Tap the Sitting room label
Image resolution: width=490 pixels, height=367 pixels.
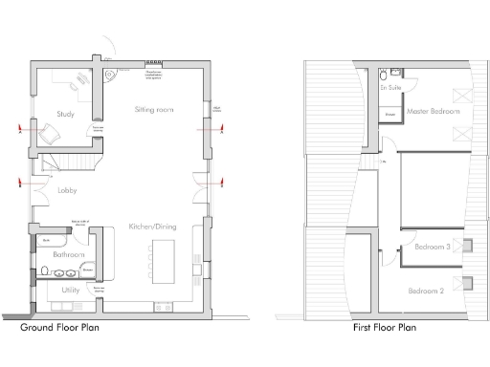153,111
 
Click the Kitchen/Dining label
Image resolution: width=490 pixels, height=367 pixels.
155,227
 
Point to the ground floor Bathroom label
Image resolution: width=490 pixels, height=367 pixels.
68,256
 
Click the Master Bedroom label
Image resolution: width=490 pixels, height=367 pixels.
433,112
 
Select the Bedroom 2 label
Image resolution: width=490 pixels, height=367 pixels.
427,291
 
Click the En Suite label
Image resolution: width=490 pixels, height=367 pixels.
390,87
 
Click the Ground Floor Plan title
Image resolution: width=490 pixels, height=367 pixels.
60,328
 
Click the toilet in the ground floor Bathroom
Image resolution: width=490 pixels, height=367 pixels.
45,270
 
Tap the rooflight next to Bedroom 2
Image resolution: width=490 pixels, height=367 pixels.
466,282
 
